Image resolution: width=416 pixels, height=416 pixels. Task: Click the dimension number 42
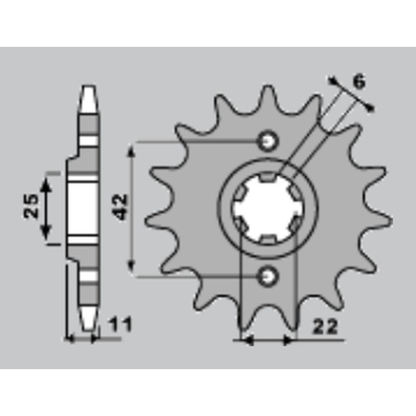pos(121,207)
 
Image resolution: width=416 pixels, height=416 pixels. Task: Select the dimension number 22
pos(325,327)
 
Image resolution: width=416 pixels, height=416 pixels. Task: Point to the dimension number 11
pos(120,326)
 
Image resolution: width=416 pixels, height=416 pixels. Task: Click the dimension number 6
pos(358,82)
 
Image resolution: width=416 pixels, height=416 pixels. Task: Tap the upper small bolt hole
pos(269,140)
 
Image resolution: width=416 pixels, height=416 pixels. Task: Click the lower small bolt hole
pos(269,275)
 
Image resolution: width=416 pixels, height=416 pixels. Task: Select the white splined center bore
pos(266,207)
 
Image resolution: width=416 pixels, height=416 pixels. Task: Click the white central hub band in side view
pos(83,208)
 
